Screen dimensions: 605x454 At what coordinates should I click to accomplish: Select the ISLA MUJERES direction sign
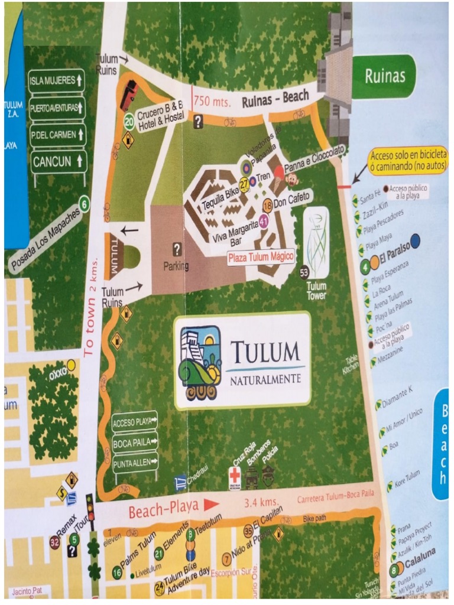pyautogui.click(x=57, y=80)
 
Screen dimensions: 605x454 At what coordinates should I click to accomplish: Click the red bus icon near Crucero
pyautogui.click(x=129, y=95)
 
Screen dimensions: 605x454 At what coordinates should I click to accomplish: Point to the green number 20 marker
pyautogui.click(x=129, y=121)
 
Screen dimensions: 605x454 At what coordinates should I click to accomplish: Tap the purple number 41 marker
pyautogui.click(x=264, y=220)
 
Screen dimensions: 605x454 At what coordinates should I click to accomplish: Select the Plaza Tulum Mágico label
pyautogui.click(x=261, y=256)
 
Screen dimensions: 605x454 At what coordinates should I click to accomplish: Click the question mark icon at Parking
pyautogui.click(x=177, y=249)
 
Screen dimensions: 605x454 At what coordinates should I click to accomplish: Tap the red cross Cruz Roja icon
pyautogui.click(x=235, y=477)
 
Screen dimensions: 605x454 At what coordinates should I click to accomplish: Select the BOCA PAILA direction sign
pyautogui.click(x=135, y=441)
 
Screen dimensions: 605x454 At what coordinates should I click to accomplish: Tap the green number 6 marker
pyautogui.click(x=85, y=204)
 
